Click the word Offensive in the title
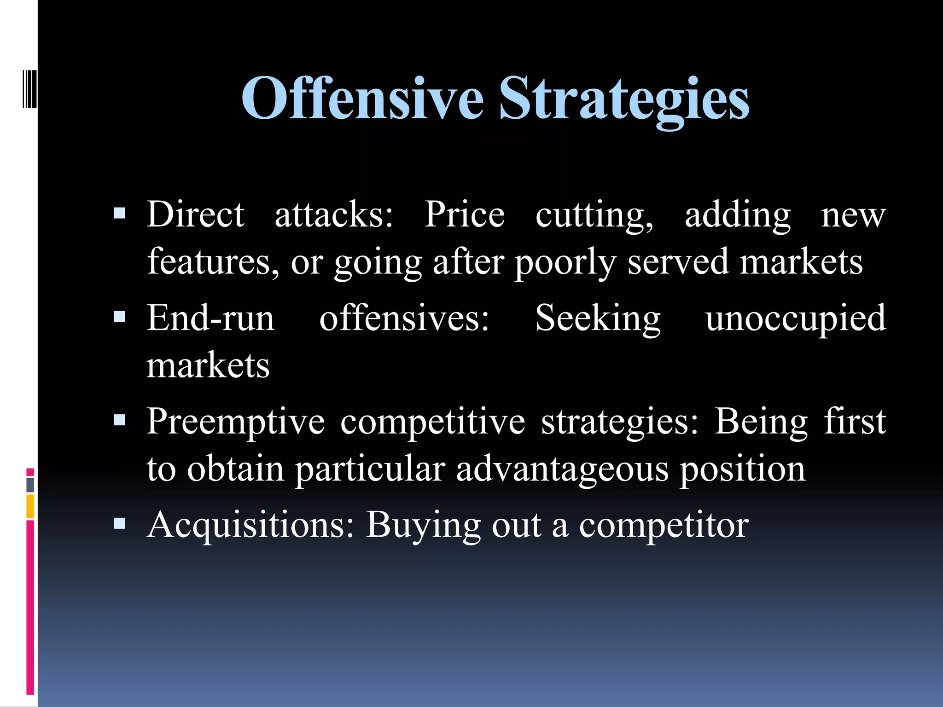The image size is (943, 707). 362,99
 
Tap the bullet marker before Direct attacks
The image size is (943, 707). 119,213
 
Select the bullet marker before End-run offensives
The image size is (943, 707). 119,317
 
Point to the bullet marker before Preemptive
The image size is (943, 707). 119,420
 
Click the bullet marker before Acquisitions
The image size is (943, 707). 119,523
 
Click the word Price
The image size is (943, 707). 464,214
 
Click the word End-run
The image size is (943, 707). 210,318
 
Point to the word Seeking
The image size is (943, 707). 598,319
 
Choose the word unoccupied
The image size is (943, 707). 795,319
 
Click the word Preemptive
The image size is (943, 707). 235,422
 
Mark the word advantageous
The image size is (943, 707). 562,469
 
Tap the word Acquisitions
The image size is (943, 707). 250,525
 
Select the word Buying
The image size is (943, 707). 423,526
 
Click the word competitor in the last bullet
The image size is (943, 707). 664,526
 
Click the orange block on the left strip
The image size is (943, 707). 30,506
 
